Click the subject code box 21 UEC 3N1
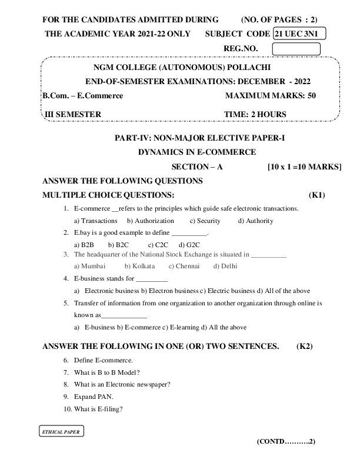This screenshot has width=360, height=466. (299, 34)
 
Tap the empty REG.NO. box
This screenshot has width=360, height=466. (296, 48)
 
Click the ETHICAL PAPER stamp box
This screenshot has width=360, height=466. (61, 431)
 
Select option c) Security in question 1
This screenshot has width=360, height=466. (205, 221)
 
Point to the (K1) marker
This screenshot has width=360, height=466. (316, 195)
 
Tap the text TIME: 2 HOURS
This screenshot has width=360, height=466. (255, 114)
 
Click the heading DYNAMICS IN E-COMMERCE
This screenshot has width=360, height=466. (196, 152)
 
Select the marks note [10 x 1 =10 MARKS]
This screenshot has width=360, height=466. (304, 167)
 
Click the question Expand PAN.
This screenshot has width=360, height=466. (94, 397)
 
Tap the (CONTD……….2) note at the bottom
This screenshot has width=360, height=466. (286, 441)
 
